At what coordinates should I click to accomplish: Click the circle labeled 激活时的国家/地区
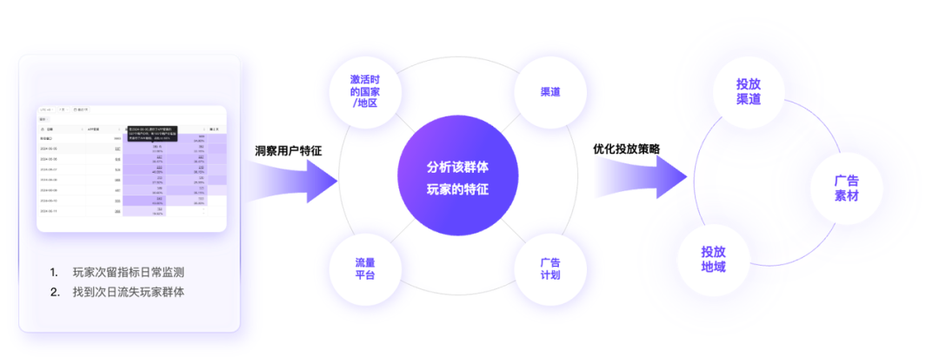point(364,90)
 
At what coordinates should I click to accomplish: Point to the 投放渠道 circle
point(748,91)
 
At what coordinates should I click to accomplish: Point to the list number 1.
point(54,271)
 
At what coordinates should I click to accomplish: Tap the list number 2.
point(54,292)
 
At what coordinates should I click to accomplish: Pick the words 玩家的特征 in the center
point(457,188)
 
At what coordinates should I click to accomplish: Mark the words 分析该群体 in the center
point(457,166)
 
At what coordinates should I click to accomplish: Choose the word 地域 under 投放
point(714,267)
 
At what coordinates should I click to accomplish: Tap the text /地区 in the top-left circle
point(364,103)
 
